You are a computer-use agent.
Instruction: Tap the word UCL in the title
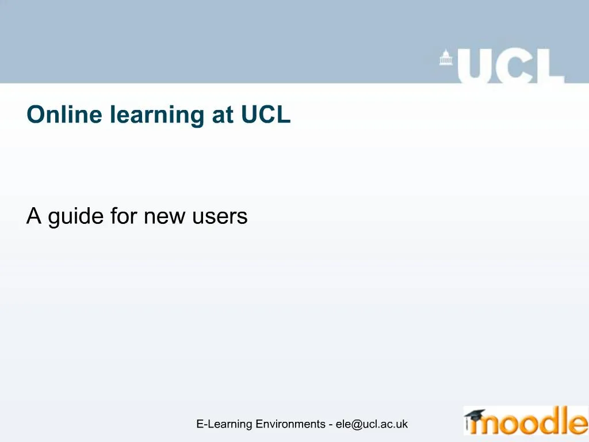pyautogui.click(x=266, y=115)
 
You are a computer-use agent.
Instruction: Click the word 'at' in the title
pyautogui.click(x=222, y=116)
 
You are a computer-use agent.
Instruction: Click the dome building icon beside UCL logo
pyautogui.click(x=446, y=59)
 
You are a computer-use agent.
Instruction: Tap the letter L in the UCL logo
pyautogui.click(x=548, y=66)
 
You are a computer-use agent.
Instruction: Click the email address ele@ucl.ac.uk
pyautogui.click(x=372, y=424)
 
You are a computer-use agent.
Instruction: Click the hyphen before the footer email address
pyautogui.click(x=331, y=425)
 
